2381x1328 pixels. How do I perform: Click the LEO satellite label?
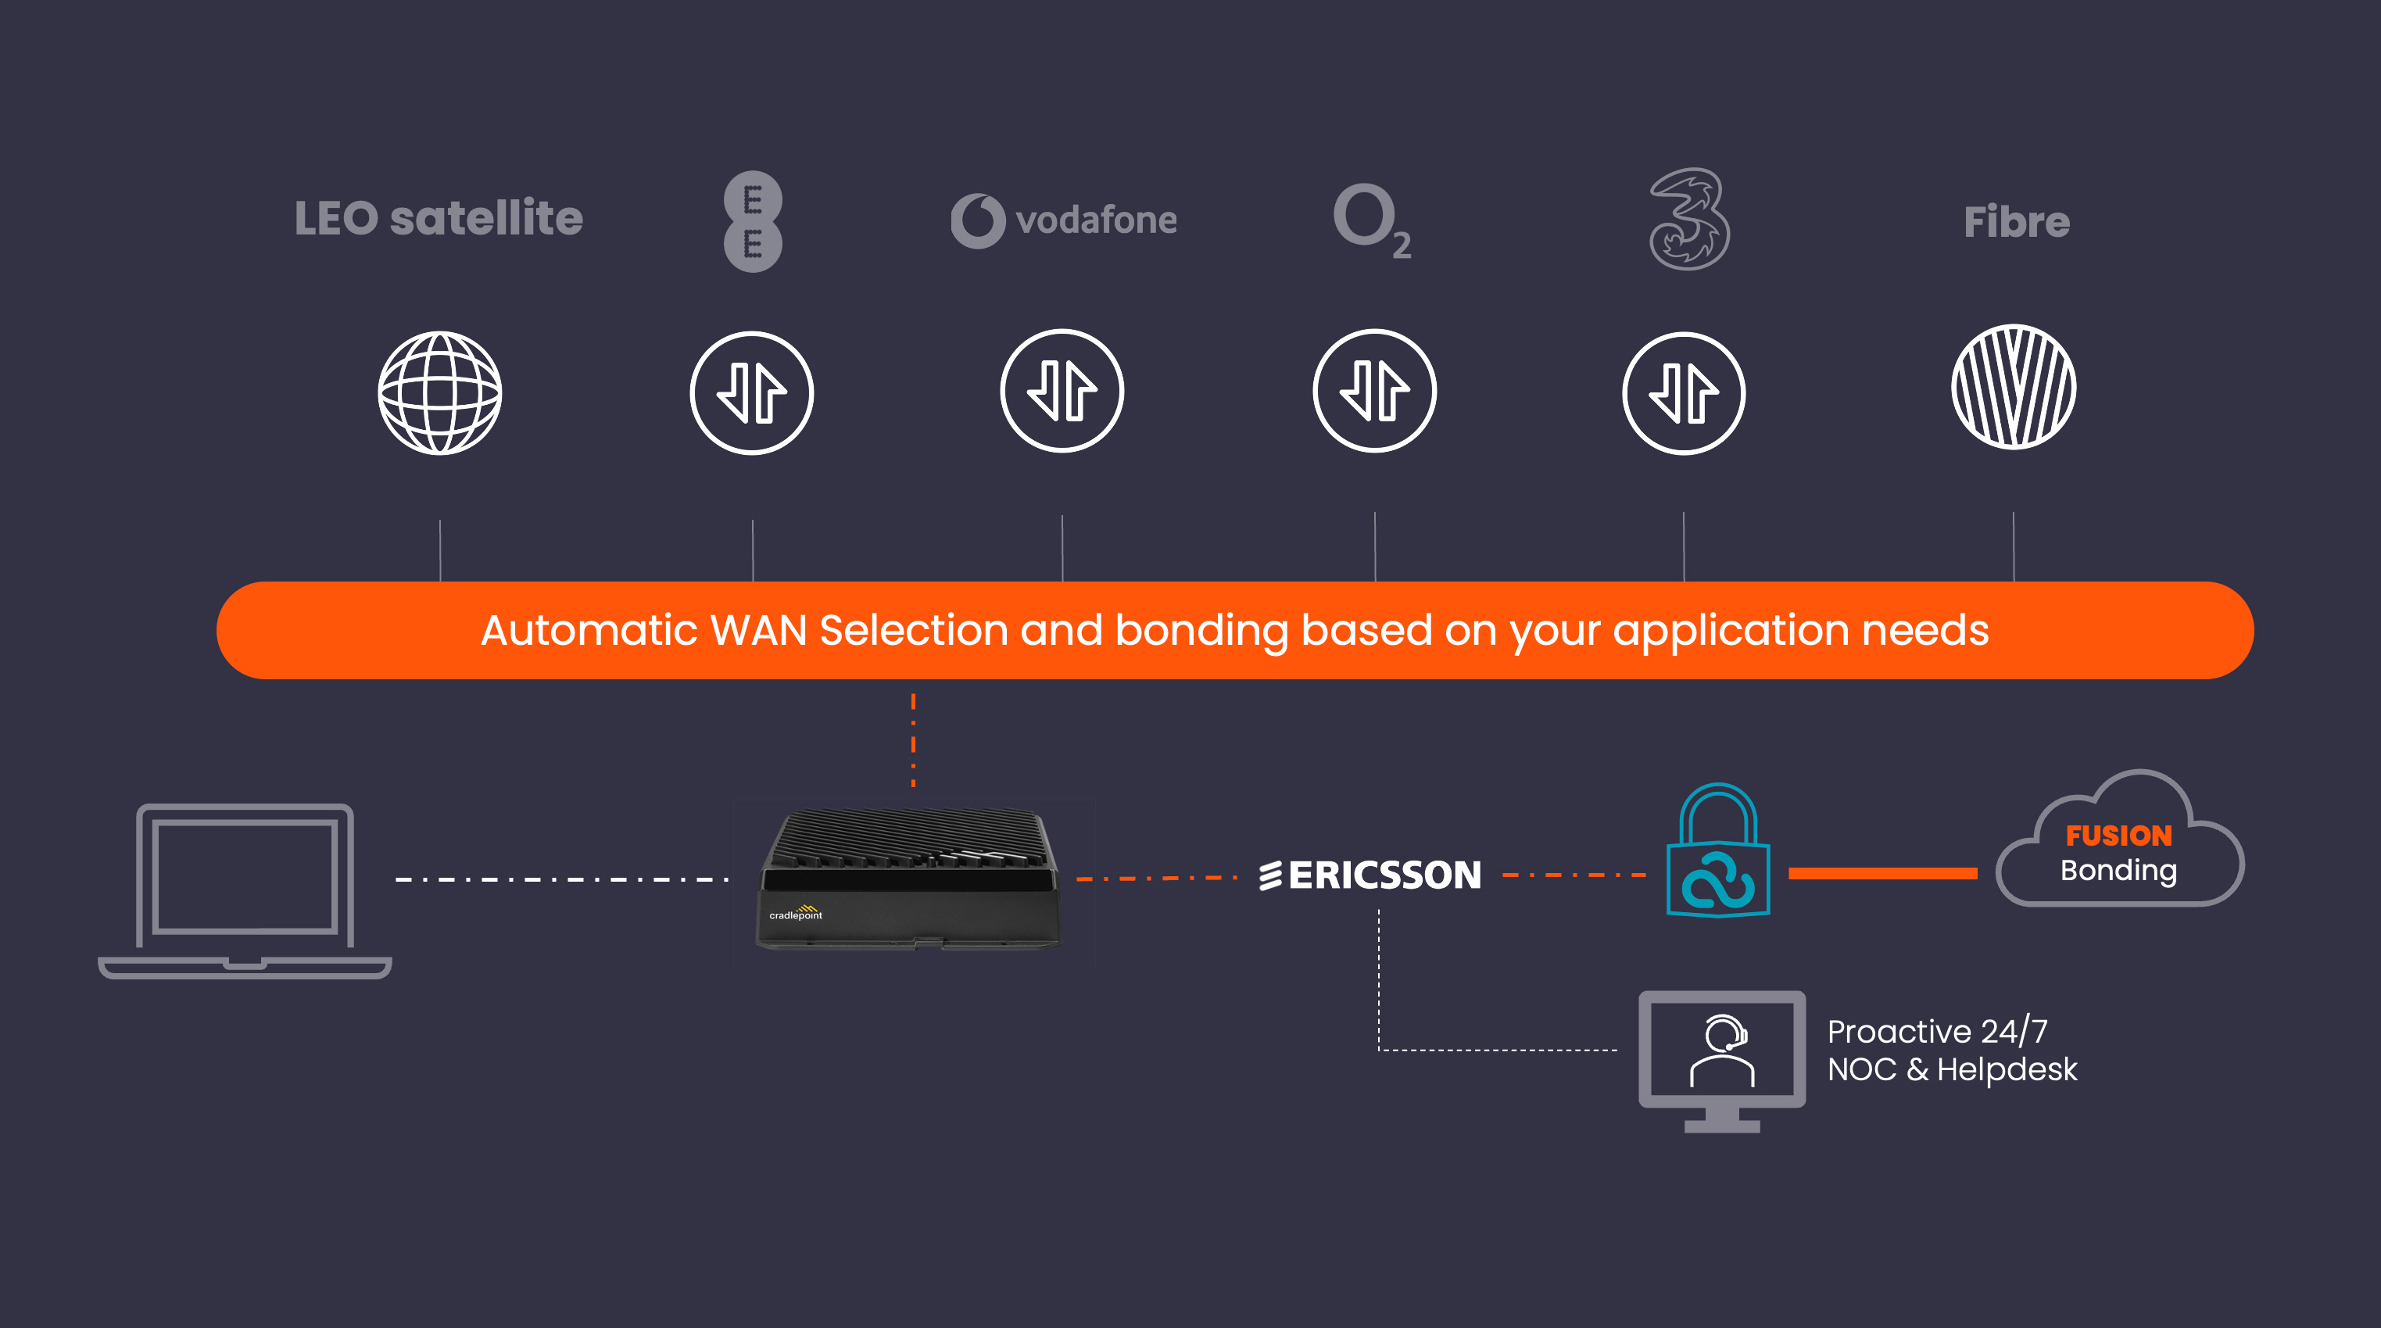click(438, 219)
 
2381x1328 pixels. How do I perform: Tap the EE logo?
click(753, 222)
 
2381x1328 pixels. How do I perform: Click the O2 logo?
click(1371, 220)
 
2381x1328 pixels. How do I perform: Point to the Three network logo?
click(1688, 220)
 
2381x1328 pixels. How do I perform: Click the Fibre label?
click(2016, 222)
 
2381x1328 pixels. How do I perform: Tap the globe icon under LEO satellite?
click(440, 392)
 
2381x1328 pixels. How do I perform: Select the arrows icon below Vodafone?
click(1062, 391)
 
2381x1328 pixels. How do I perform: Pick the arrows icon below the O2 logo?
click(1374, 391)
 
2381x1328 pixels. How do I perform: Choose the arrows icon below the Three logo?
click(1684, 392)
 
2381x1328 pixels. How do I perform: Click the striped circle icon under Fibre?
click(2013, 387)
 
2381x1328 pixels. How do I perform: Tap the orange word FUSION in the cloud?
click(2118, 836)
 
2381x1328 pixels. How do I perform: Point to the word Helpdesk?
click(2007, 1070)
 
